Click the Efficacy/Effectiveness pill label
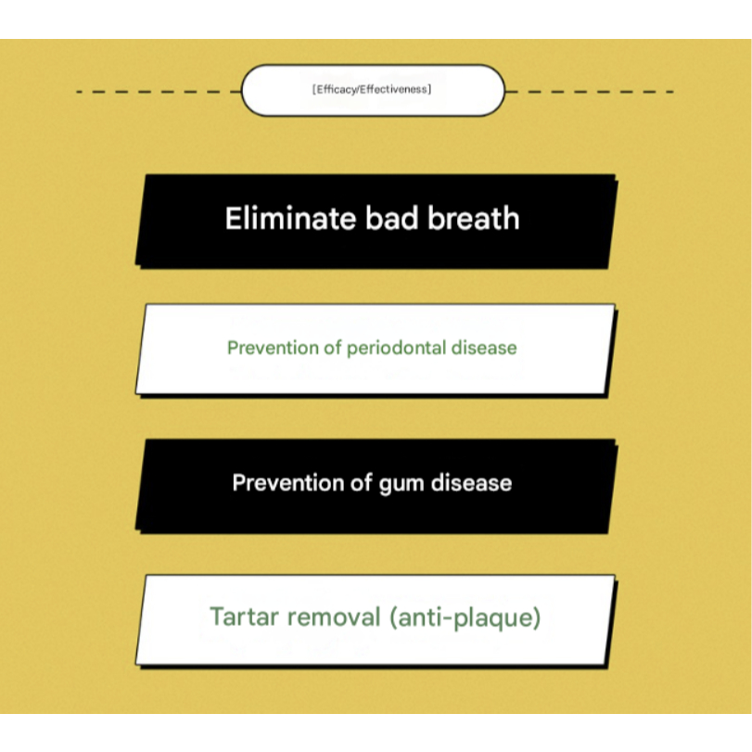pos(372,91)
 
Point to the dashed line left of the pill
pos(158,92)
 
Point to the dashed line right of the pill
pos(589,92)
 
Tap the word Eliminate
pos(277,219)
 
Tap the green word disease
pos(482,349)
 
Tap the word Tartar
pos(242,617)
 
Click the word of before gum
pos(363,483)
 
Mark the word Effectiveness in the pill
pos(399,91)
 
